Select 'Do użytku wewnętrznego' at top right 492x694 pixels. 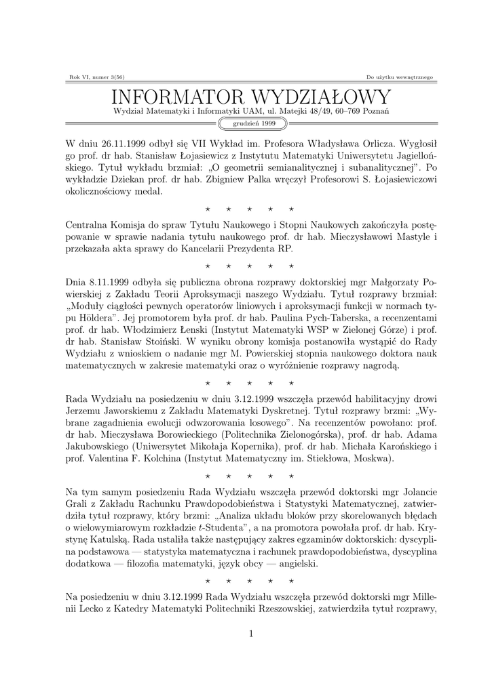[398, 77]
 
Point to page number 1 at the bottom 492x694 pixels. [250, 634]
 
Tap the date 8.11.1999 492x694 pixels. [110, 281]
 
